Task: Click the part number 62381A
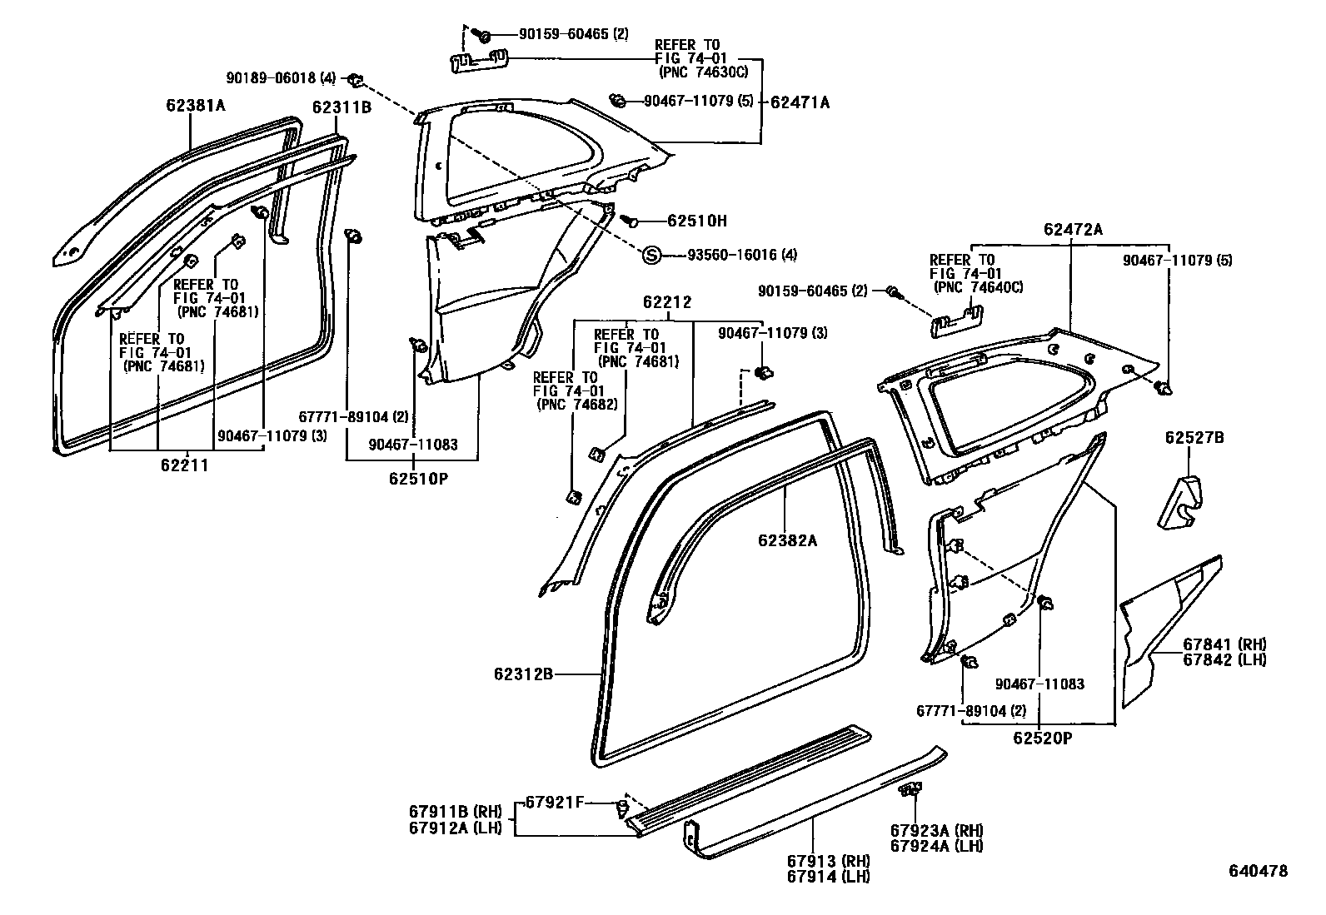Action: [x=196, y=106]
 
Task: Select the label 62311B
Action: [x=341, y=107]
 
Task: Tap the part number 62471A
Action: [x=800, y=102]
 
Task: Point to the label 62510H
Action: [x=696, y=221]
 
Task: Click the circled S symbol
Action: [x=651, y=255]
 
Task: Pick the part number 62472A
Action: [x=1073, y=230]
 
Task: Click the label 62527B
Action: [x=1194, y=438]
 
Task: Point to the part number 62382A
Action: [x=787, y=540]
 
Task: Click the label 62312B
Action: [x=524, y=674]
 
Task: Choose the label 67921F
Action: [x=552, y=803]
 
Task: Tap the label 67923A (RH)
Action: [x=936, y=831]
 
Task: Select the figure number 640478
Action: [x=1258, y=871]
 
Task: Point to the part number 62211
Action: [x=185, y=465]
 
